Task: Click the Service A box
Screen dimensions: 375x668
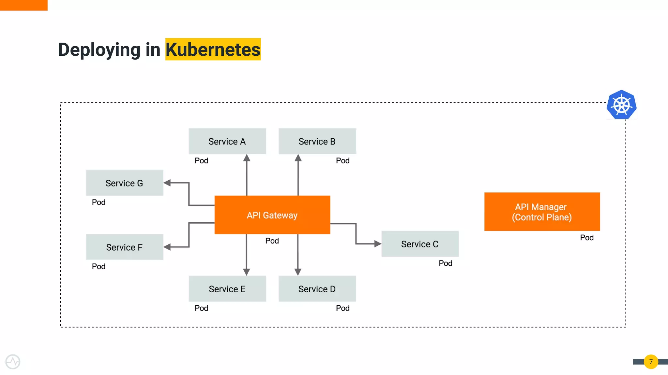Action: [227, 141]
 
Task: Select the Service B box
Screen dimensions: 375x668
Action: [317, 141]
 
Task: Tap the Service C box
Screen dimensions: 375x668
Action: [420, 244]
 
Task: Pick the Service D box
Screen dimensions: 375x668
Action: [317, 289]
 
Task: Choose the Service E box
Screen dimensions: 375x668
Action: [227, 289]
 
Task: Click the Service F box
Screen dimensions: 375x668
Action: [124, 247]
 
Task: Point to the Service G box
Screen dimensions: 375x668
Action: [124, 183]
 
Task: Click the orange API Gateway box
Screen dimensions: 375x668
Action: [272, 215]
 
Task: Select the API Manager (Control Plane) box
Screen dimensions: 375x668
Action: [542, 212]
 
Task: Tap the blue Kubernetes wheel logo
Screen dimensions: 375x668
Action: [621, 105]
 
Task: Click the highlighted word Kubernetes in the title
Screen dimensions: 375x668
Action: [213, 49]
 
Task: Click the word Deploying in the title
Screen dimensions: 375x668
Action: [99, 49]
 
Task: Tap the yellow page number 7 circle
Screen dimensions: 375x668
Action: [651, 362]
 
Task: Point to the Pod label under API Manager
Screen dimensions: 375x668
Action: [586, 238]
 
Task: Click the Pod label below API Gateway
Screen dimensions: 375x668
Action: [272, 241]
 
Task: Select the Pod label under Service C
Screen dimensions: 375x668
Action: [445, 263]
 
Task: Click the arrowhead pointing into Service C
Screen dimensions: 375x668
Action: [378, 243]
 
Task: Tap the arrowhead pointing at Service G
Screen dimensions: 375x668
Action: [167, 183]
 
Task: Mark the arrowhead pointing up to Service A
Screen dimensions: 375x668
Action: [247, 158]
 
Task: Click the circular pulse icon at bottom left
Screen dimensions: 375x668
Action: [13, 362]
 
